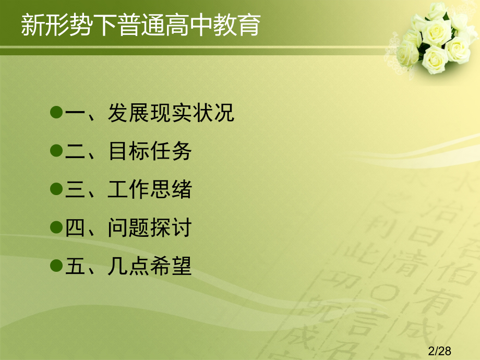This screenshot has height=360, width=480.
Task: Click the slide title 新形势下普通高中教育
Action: coord(140,25)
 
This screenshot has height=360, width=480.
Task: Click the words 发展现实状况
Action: coord(171,113)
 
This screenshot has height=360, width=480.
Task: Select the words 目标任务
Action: coord(150,151)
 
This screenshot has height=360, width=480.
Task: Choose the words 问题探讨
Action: coord(150,229)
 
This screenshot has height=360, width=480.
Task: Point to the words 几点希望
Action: coord(150,267)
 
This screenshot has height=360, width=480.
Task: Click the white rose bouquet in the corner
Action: coord(436,39)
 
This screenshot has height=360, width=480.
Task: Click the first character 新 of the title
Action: coord(32,25)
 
